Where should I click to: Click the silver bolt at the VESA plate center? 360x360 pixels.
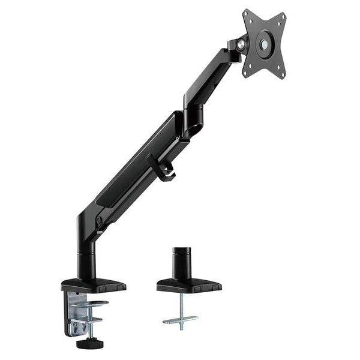point(265,44)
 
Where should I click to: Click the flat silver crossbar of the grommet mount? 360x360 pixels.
point(180,319)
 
